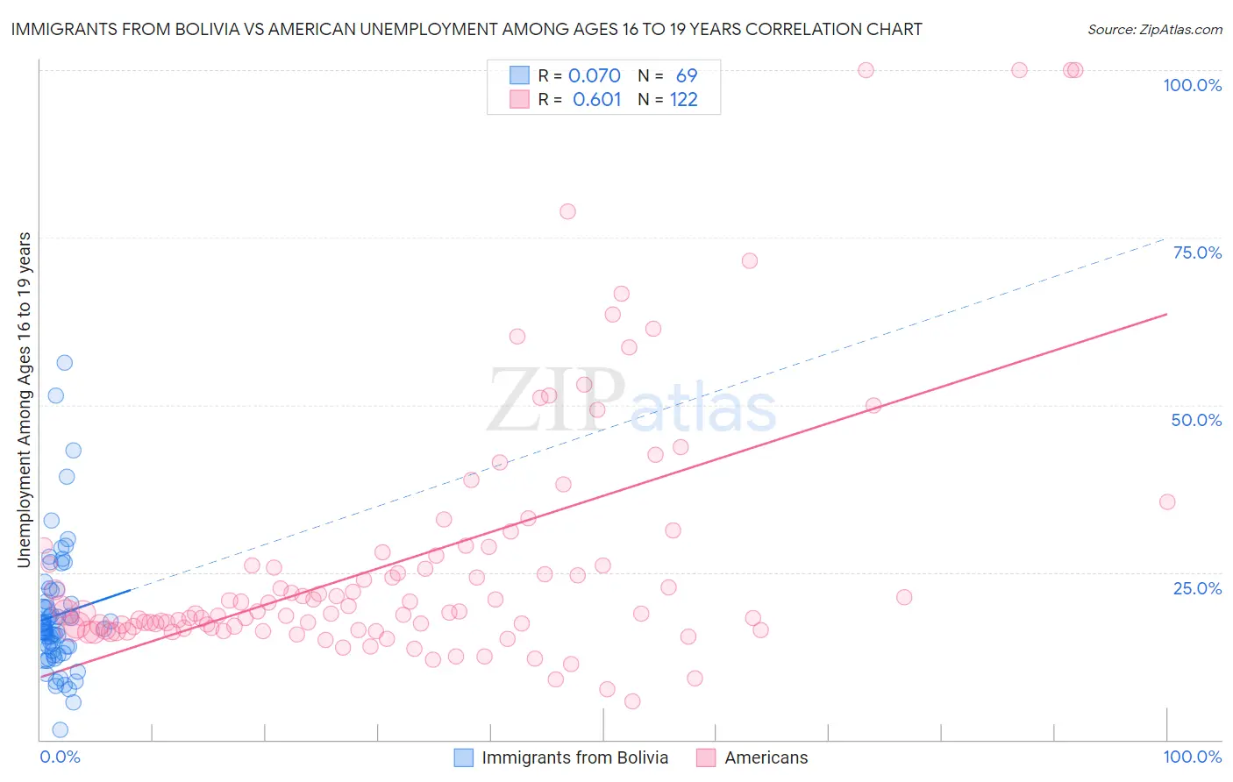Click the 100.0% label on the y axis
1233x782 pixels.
click(1192, 85)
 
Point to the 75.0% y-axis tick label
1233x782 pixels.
click(1197, 252)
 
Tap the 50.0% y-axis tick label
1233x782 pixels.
click(1196, 420)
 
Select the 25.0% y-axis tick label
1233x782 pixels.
click(1197, 587)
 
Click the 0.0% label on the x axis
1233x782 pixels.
click(60, 757)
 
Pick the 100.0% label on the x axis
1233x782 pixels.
click(1192, 757)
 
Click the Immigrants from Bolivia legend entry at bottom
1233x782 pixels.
click(574, 757)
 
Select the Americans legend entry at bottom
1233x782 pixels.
click(766, 757)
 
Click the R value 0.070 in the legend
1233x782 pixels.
click(594, 75)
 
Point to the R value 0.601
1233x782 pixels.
click(596, 99)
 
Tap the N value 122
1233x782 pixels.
click(683, 99)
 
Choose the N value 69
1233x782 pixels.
click(686, 75)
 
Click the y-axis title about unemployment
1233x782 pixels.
click(25, 400)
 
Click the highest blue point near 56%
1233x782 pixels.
click(64, 362)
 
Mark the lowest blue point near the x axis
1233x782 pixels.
click(60, 729)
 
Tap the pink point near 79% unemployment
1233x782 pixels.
click(567, 211)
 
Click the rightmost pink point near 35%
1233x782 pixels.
click(1166, 501)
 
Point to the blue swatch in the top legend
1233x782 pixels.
click(519, 75)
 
